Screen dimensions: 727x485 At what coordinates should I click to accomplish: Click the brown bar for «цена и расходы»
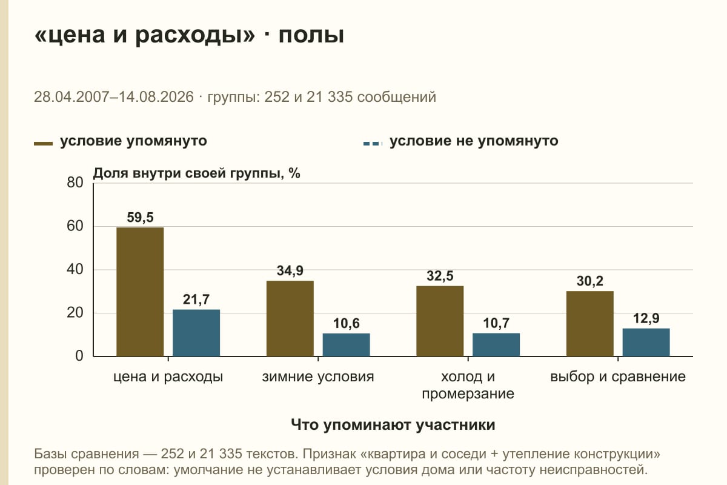[140, 292]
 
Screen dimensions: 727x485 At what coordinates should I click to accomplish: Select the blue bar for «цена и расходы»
[196, 333]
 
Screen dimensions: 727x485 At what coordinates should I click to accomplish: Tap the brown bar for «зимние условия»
[290, 318]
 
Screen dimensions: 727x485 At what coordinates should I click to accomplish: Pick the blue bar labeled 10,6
[347, 345]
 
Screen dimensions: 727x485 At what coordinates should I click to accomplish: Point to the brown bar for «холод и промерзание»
[440, 321]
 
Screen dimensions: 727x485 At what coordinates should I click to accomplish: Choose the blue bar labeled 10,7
[496, 345]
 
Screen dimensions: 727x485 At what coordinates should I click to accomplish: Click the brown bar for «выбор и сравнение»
[590, 324]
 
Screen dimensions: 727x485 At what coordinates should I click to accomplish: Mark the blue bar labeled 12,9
[646, 343]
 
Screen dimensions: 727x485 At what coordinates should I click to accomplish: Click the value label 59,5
[140, 217]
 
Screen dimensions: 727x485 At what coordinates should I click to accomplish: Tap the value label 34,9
[290, 270]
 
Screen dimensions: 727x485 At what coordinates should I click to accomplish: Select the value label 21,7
[196, 299]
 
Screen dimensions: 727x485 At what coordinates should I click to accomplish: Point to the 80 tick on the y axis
[75, 182]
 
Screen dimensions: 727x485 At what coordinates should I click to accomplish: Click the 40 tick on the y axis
[75, 269]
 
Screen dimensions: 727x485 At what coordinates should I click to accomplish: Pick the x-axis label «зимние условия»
[318, 377]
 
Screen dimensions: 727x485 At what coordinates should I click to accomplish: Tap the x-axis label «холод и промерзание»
[468, 385]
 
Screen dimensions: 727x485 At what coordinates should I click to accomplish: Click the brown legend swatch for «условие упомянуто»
[43, 144]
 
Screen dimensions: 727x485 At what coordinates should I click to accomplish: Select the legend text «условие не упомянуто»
[474, 141]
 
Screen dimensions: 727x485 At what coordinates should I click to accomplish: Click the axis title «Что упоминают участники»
[393, 424]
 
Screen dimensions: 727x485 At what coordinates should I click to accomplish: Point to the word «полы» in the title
[311, 35]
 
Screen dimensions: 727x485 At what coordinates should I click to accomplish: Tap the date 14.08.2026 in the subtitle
[156, 97]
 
